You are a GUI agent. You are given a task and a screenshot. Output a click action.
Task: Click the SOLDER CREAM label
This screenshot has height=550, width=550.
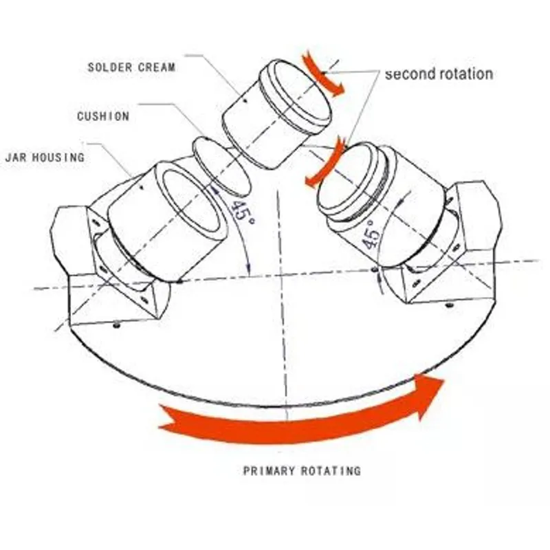[131, 67]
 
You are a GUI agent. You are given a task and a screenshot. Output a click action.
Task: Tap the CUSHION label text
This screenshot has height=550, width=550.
[103, 116]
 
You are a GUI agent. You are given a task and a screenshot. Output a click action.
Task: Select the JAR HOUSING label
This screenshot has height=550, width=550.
[45, 157]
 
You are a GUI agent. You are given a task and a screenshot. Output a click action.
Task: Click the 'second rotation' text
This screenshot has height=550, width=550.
[439, 74]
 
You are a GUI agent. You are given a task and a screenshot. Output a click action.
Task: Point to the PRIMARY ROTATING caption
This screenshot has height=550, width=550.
[302, 470]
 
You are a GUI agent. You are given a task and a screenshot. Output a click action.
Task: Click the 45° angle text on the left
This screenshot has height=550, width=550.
[242, 212]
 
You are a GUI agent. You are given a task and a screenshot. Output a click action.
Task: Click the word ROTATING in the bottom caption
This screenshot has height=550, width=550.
[331, 470]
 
